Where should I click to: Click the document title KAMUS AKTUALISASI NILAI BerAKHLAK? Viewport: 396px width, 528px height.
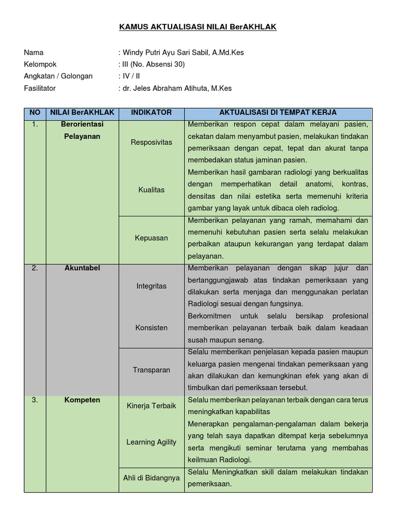point(198,27)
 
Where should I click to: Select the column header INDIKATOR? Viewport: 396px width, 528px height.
point(151,112)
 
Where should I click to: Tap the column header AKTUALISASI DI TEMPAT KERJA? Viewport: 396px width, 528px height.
point(278,112)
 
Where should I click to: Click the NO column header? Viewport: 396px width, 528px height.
point(35,112)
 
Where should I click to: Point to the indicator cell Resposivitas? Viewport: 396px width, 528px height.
point(151,142)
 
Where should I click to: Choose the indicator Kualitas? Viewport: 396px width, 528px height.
point(151,190)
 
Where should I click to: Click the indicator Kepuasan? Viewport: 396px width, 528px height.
point(151,238)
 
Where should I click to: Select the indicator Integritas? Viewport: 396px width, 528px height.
point(151,286)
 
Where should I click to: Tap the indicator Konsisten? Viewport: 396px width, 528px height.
point(151,327)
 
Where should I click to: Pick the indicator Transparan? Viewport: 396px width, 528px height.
point(151,370)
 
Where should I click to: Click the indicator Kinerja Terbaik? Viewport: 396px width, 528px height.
point(151,406)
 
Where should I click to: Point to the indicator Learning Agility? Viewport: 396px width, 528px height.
point(151,442)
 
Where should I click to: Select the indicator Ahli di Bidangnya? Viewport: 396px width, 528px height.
point(151,478)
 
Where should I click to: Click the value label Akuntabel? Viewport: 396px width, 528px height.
point(82,268)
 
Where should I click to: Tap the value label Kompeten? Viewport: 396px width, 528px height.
point(82,400)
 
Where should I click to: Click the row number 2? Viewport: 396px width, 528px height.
point(35,268)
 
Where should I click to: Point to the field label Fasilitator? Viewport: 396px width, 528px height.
point(40,88)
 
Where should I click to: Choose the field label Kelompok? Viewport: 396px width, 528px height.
point(40,64)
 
